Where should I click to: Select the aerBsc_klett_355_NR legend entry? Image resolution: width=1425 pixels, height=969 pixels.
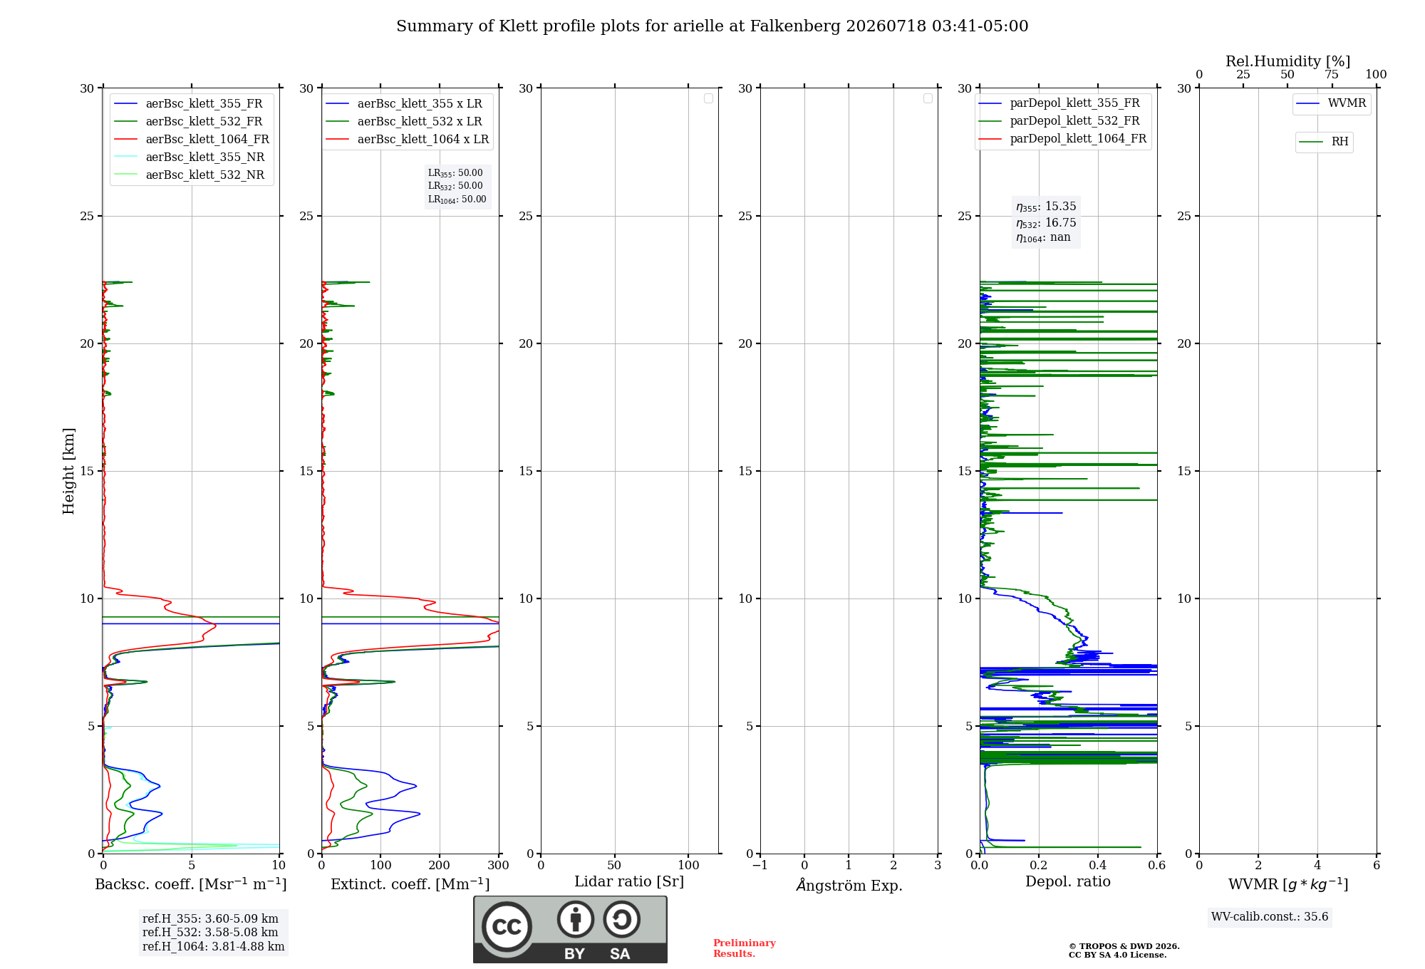[x=190, y=157]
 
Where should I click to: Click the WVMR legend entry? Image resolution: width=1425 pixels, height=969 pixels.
[x=1331, y=103]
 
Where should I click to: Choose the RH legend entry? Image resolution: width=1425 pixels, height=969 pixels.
[x=1324, y=142]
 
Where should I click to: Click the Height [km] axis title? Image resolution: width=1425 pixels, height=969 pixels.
[x=68, y=471]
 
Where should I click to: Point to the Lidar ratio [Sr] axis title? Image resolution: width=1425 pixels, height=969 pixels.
[x=629, y=882]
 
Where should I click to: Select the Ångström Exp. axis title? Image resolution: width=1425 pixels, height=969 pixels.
[x=849, y=885]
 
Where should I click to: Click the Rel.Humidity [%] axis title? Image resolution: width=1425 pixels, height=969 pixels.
[x=1287, y=61]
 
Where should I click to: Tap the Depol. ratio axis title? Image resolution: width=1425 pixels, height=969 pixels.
[x=1068, y=882]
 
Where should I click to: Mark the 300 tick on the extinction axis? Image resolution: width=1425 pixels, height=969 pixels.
[x=499, y=865]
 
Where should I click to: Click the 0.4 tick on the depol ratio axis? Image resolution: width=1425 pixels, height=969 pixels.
[x=1098, y=865]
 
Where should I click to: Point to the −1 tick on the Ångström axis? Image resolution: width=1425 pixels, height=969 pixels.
[x=760, y=865]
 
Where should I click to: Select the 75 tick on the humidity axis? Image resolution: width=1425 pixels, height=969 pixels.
[x=1332, y=75]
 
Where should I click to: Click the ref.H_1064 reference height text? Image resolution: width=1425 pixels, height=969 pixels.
[x=213, y=947]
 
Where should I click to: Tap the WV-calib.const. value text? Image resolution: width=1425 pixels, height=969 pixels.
[x=1270, y=917]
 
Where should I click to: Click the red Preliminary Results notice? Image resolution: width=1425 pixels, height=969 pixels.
[x=745, y=948]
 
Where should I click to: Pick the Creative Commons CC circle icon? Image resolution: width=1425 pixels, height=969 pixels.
[x=507, y=927]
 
